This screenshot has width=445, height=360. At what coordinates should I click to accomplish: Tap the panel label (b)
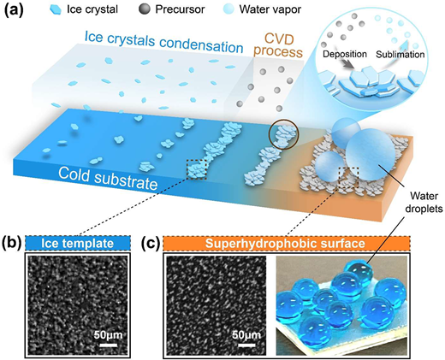(12, 244)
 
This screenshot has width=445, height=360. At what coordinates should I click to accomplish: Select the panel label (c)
(151, 244)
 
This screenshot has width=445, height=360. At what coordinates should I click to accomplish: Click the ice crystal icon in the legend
(56, 9)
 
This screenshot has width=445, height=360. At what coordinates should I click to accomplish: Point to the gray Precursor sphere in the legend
(145, 9)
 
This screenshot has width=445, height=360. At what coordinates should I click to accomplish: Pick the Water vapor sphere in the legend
(228, 9)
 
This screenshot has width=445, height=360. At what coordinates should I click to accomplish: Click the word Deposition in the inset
(345, 54)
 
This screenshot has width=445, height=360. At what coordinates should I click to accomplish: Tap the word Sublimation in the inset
(400, 54)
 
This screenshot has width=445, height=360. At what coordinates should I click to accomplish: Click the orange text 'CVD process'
(278, 46)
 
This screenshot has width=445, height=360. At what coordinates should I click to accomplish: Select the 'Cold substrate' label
(108, 178)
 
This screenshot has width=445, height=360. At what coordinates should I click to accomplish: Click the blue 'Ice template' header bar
(78, 244)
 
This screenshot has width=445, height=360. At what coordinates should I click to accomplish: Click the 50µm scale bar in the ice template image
(109, 345)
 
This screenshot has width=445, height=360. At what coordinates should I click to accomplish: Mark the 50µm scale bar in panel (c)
(246, 345)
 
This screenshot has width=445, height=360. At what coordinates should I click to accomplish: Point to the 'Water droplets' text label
(424, 202)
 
